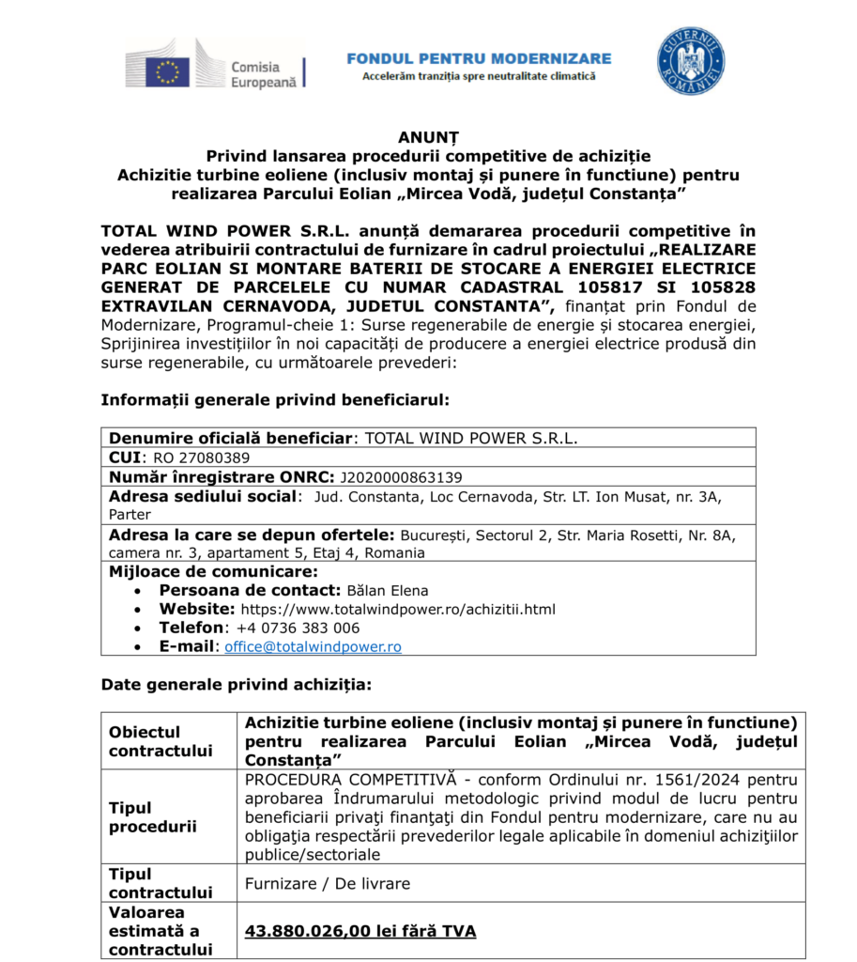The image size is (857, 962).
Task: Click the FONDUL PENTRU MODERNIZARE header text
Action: (x=479, y=58)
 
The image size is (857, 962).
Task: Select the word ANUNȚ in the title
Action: (x=427, y=137)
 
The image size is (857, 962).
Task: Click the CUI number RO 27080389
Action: (x=202, y=458)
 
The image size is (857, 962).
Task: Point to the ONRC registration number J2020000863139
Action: (x=401, y=477)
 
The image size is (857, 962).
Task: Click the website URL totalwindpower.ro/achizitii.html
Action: (x=398, y=610)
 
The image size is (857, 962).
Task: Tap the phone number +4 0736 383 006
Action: (x=298, y=628)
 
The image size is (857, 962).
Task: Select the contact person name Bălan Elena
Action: (x=387, y=591)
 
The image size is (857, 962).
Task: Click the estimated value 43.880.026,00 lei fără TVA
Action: (x=360, y=931)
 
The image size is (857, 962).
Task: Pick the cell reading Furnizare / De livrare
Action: (x=327, y=883)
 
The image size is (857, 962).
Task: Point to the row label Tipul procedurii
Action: (x=152, y=816)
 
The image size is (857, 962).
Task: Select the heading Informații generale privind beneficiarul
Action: (x=275, y=400)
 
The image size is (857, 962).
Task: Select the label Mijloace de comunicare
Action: (x=213, y=571)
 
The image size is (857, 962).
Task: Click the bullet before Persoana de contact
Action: (x=139, y=591)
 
